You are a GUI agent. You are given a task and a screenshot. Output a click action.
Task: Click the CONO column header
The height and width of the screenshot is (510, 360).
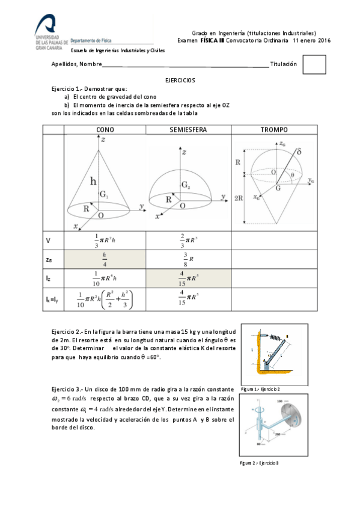[105, 129]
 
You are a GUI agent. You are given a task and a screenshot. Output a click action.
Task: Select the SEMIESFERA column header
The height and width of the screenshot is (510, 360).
[188, 129]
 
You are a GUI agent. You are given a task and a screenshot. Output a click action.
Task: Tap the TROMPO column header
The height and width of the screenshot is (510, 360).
[273, 129]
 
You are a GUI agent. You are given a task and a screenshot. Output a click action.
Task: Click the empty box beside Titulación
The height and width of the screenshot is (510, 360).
[314, 66]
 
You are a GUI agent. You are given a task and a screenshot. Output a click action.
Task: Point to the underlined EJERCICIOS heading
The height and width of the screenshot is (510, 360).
[180, 80]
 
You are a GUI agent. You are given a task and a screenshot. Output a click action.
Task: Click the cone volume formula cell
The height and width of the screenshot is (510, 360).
[105, 241]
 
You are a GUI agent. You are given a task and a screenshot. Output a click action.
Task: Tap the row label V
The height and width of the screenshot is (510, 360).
[48, 241]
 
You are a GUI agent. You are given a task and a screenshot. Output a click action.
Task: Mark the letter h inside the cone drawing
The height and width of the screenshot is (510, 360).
[93, 180]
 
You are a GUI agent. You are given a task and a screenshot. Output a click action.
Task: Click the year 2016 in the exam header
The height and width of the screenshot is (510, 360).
[324, 40]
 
